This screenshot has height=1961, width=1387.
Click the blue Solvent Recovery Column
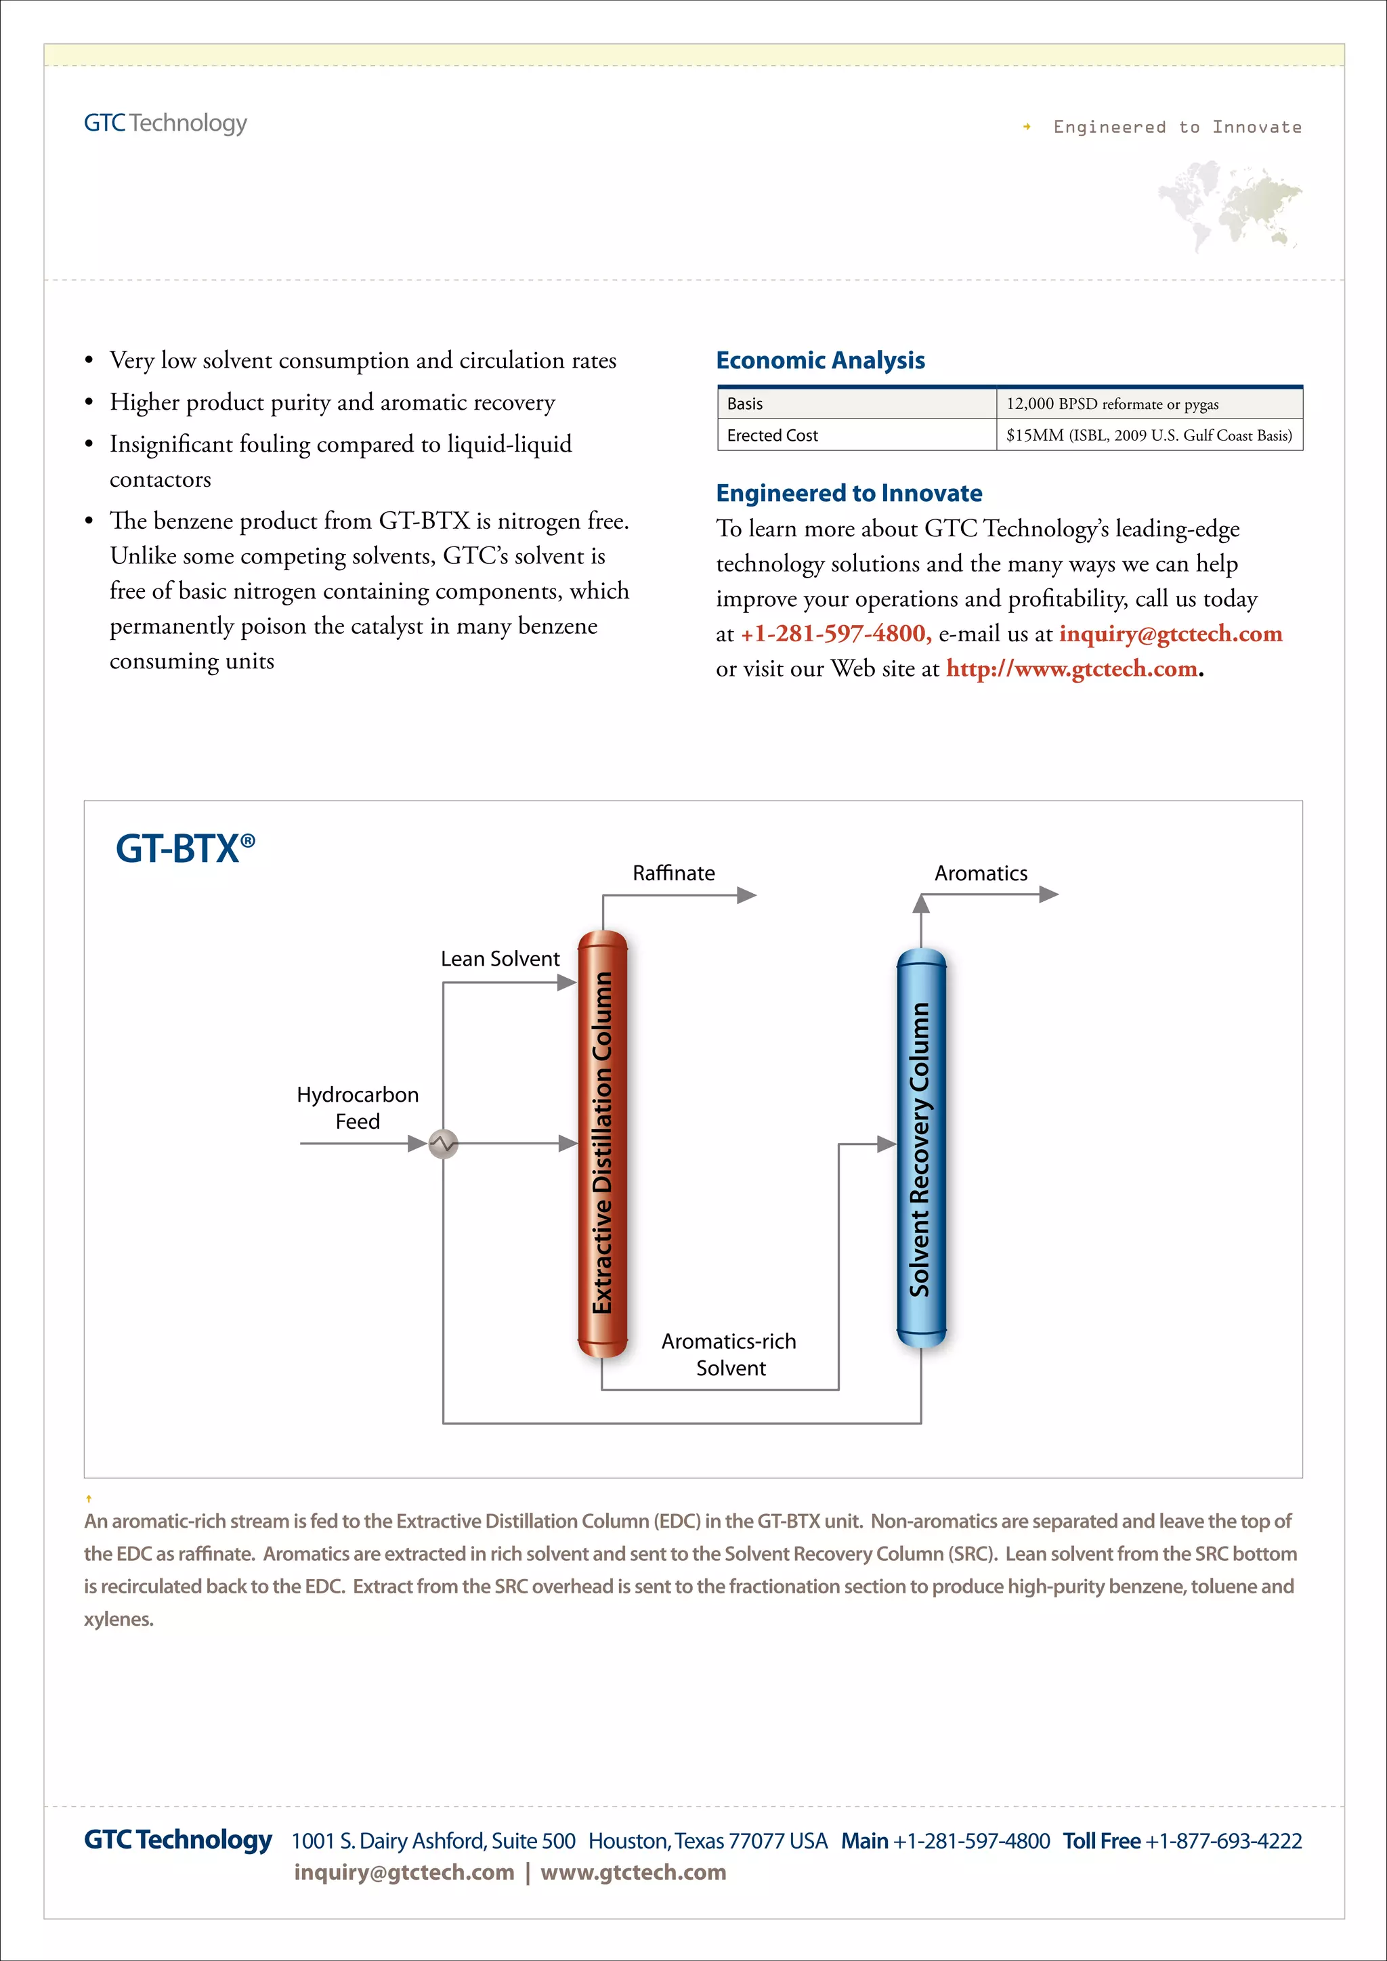coord(920,1148)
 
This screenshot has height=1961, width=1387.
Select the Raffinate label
coord(673,873)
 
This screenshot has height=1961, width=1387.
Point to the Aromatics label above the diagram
coord(981,873)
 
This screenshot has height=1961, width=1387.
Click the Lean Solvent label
coord(500,958)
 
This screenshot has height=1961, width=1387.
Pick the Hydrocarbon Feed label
coord(357,1108)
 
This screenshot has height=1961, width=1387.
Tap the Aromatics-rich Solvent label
coord(729,1354)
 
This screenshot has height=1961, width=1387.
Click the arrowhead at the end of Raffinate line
coord(746,895)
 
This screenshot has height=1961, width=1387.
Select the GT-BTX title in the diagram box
coord(184,849)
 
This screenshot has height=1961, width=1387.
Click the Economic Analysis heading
coord(820,360)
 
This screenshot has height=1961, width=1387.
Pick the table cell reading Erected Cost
coord(772,435)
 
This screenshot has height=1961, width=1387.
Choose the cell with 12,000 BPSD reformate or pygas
coord(1112,404)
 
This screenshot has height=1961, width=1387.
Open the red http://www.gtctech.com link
coord(1071,669)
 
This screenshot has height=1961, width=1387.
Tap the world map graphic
coord(1230,206)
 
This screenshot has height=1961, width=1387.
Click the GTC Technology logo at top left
coord(165,123)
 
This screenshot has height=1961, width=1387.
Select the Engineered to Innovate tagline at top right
coord(1176,127)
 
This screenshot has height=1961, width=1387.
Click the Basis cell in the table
coord(745,404)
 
